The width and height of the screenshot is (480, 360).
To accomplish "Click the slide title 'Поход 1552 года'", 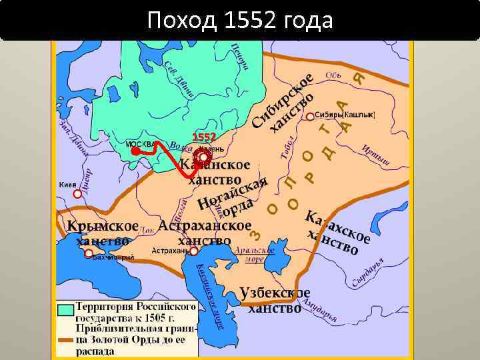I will [239, 21].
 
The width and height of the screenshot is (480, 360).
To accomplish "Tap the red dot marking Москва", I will [135, 151].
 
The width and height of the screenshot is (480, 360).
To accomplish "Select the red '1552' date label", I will [204, 137].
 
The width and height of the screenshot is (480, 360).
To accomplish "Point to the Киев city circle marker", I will [77, 193].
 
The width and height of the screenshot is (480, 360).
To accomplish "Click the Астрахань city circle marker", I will [193, 251].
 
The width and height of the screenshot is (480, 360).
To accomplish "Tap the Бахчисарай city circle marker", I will [89, 253].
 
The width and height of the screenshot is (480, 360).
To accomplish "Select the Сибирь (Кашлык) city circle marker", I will [310, 116].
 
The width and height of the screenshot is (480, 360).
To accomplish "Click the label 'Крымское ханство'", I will [102, 233].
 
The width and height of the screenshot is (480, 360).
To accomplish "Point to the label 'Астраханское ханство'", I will [205, 233].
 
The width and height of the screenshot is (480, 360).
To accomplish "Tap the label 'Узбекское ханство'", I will [275, 301].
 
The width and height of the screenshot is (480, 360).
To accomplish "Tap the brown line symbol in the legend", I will [65, 340].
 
